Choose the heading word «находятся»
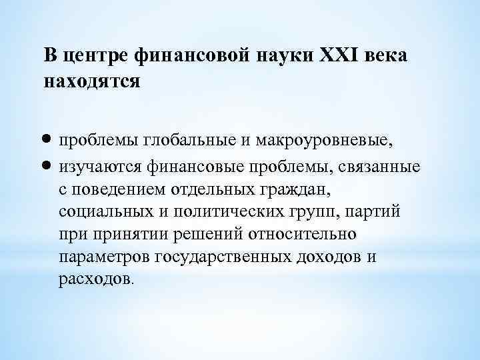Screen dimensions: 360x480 click(92, 82)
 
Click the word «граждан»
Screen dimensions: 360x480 click(295, 189)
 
